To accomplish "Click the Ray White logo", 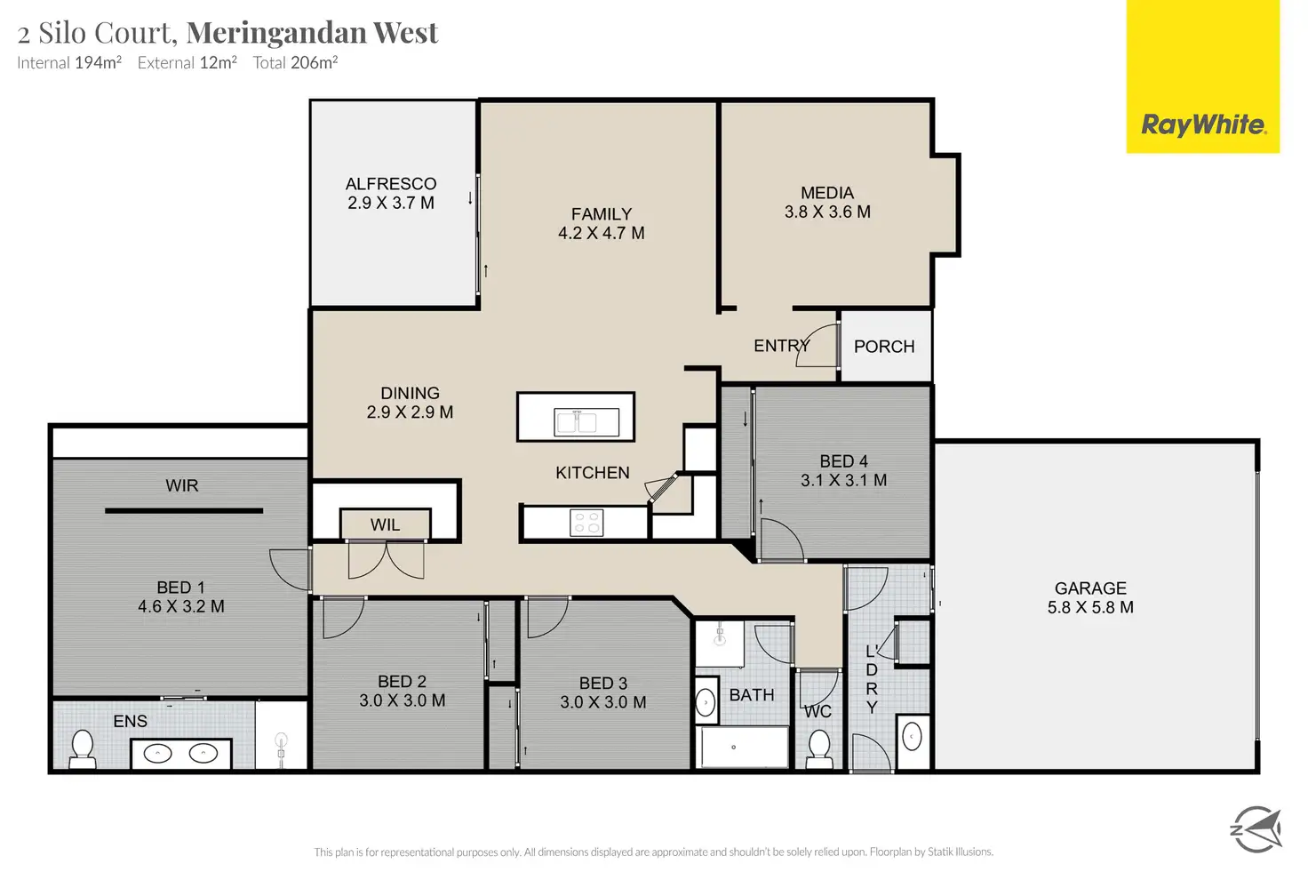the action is coord(1203,124).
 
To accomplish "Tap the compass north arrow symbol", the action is coord(1256,829).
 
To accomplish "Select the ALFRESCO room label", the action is coord(391,184).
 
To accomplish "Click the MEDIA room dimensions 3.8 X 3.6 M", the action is coord(827,212).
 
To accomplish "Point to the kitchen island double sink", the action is coord(575,420).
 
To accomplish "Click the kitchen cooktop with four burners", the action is coord(586,523).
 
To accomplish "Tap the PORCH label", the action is coord(884,347).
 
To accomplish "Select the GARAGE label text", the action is coord(1090,588).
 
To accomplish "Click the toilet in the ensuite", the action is coord(83,748).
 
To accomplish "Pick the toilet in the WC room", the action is coord(818,748).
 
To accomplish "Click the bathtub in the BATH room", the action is coord(742,748).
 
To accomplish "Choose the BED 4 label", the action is coord(843,461).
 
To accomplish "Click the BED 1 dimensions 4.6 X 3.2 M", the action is coord(181,607).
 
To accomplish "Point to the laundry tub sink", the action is coord(912,737).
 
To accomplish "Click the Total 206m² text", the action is coord(295,63).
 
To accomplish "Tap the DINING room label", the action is coord(410,393).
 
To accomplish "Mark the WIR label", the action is coord(181,485).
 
